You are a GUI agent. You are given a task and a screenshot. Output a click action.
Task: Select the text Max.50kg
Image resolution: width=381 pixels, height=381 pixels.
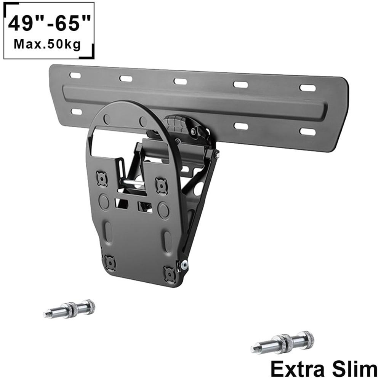pos(47,45)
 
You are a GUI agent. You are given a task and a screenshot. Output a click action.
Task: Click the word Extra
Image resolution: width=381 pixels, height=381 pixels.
pos(298,370)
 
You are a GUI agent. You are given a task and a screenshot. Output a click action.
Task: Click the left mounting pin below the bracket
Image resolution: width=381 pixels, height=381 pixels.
pos(69,309)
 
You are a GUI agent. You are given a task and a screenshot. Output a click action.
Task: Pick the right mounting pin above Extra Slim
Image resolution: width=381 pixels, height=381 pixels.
pos(282,343)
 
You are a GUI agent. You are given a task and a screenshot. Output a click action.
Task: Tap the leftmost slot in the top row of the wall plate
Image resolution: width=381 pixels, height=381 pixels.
pos(75,75)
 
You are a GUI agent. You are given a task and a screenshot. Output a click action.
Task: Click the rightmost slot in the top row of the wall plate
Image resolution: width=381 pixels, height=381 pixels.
pos(307,88)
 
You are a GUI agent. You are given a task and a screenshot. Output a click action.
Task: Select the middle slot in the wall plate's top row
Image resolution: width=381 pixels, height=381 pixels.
pos(180,81)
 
